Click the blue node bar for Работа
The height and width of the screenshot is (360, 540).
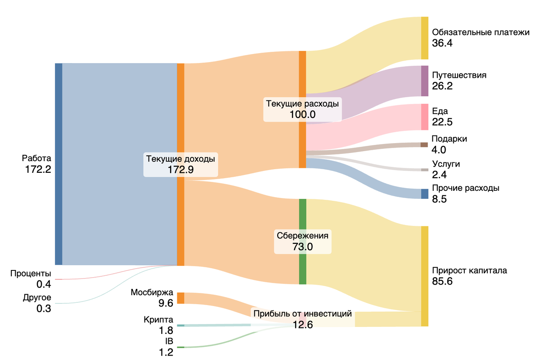[58, 164]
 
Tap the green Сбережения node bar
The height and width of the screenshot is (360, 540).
[302, 241]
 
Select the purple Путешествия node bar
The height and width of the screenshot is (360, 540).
[424, 81]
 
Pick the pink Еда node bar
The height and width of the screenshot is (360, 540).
[424, 117]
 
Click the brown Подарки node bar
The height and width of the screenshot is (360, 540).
[424, 145]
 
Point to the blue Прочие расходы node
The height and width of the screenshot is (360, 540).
[424, 194]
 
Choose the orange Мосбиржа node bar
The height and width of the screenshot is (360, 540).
[180, 298]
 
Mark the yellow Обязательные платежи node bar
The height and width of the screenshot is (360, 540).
[424, 38]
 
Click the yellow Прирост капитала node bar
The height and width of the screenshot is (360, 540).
[424, 276]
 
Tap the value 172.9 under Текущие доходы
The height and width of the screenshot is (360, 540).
[180, 170]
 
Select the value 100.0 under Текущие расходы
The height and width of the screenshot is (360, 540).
[302, 114]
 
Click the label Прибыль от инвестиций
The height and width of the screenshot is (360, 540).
[302, 314]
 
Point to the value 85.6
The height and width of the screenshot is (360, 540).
[442, 282]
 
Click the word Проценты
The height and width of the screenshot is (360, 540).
[31, 274]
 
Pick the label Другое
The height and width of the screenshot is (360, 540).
[37, 298]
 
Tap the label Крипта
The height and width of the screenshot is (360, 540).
[158, 319]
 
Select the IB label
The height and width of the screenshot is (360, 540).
[169, 342]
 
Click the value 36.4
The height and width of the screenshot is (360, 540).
[442, 43]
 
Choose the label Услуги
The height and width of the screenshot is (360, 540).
[445, 164]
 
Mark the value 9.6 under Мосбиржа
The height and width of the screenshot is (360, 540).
[166, 303]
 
